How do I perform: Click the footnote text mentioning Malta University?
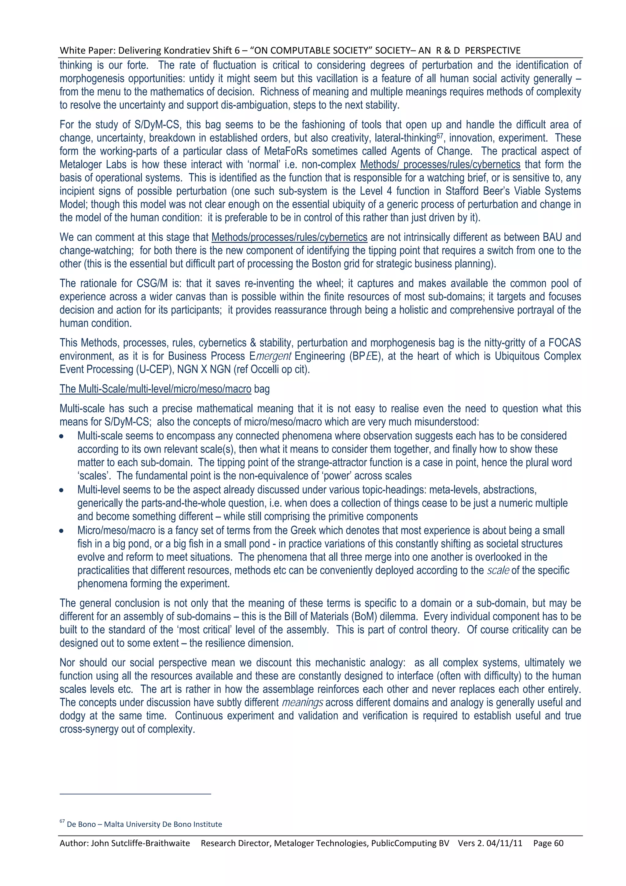pyautogui.click(x=144, y=824)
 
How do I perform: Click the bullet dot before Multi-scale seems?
pyautogui.click(x=61, y=436)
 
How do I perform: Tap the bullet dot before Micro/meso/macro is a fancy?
pyautogui.click(x=61, y=531)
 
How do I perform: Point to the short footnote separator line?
pyautogui.click(x=135, y=794)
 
